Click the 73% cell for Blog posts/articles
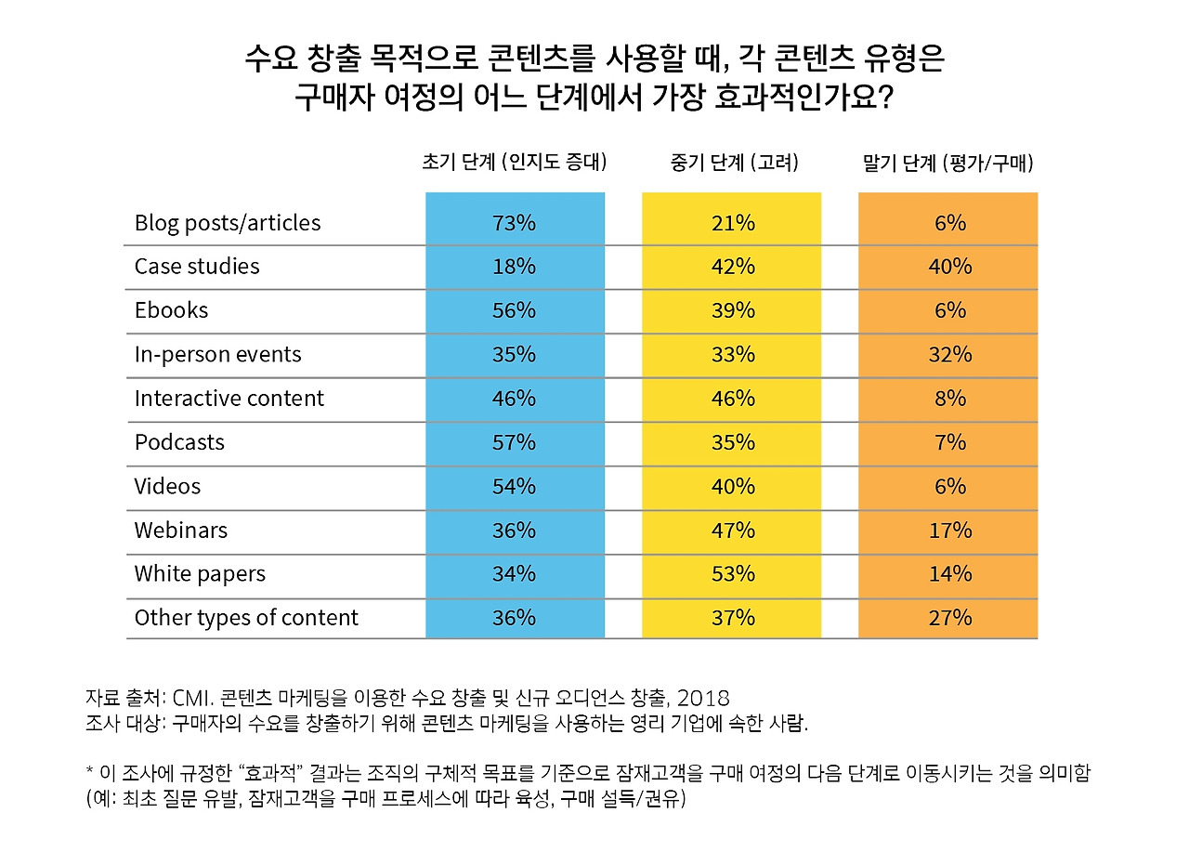(514, 223)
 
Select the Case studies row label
(197, 267)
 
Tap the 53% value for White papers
(732, 574)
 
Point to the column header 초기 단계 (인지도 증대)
(515, 163)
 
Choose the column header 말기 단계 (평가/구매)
(947, 163)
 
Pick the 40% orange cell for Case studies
(949, 267)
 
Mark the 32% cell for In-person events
(949, 355)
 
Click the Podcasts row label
(179, 442)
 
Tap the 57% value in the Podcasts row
(514, 442)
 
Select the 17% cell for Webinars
(949, 531)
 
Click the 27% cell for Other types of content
(949, 618)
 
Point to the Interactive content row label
(229, 399)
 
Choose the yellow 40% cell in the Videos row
(732, 486)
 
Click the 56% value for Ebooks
(514, 310)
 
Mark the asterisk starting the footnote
(89, 771)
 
